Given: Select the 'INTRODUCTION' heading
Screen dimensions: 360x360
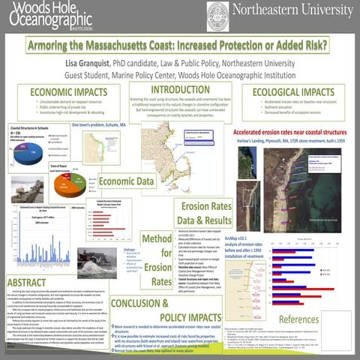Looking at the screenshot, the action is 180,90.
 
